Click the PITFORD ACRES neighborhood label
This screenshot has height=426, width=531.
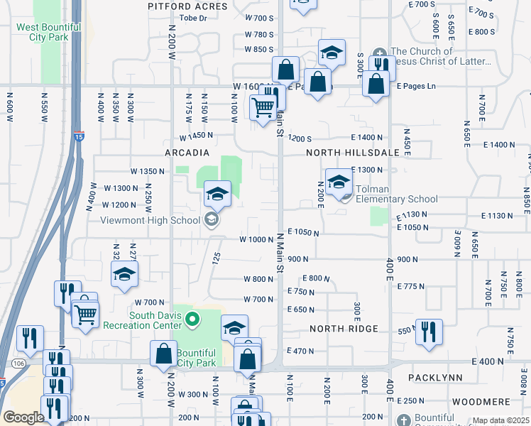(x=187, y=6)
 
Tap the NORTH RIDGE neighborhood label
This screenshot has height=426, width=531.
(x=344, y=329)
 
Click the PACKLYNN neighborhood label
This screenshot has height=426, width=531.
(x=435, y=378)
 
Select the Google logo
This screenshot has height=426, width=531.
(x=23, y=417)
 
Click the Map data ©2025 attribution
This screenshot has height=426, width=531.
(x=500, y=421)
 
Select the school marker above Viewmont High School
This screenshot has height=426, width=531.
(x=217, y=194)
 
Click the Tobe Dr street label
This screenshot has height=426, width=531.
(x=193, y=18)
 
